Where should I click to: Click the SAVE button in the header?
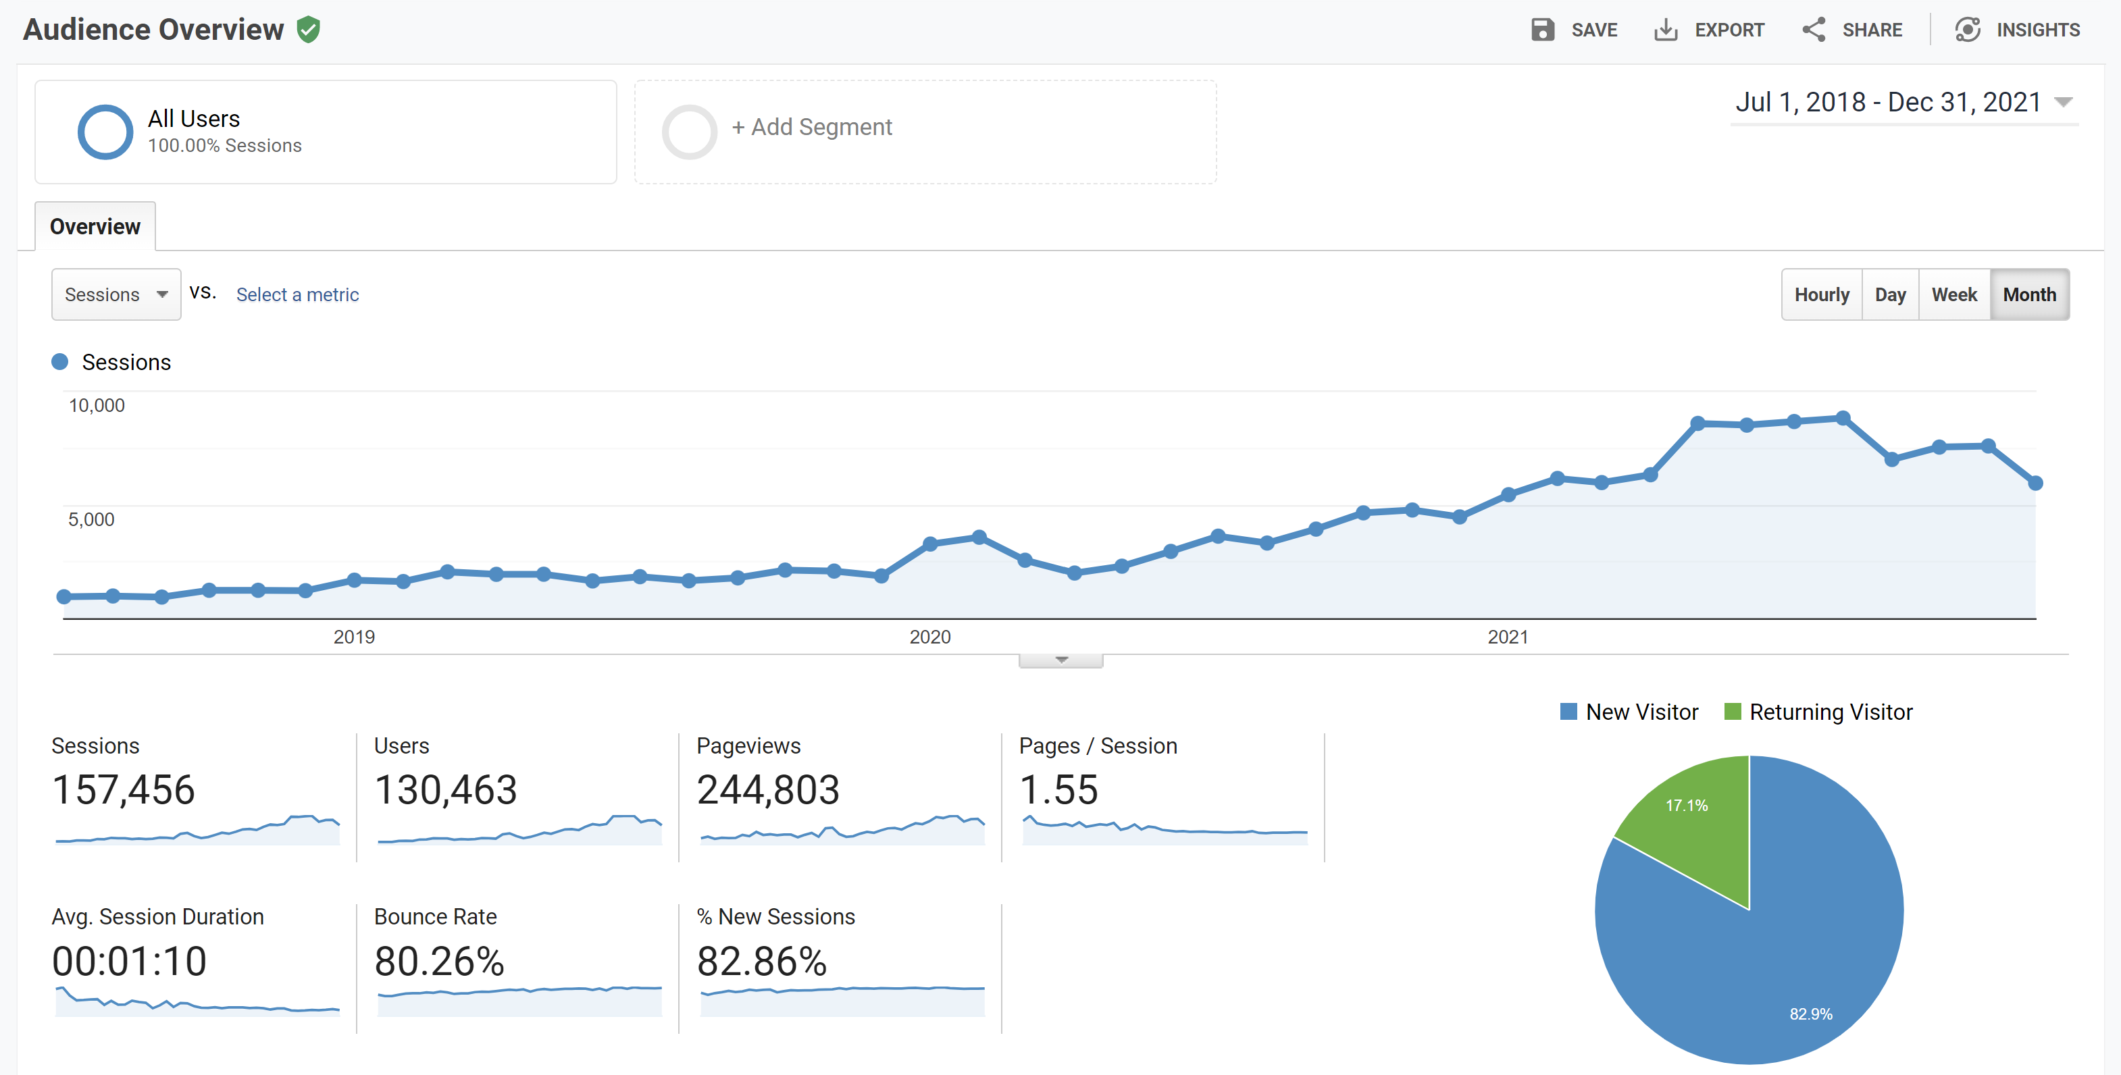[1575, 30]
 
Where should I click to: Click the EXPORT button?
[1710, 30]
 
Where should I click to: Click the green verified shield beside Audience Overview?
[308, 30]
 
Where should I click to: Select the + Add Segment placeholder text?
[811, 127]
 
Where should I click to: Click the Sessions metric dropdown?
[116, 294]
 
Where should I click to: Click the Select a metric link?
[297, 294]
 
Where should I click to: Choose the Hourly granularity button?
[1821, 294]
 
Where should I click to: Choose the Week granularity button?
[1954, 294]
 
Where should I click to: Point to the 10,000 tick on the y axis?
[97, 406]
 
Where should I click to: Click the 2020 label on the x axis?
[929, 637]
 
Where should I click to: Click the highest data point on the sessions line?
[1843, 418]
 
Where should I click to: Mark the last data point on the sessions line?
[2035, 483]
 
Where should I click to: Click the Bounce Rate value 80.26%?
[439, 962]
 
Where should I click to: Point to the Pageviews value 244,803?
[767, 790]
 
